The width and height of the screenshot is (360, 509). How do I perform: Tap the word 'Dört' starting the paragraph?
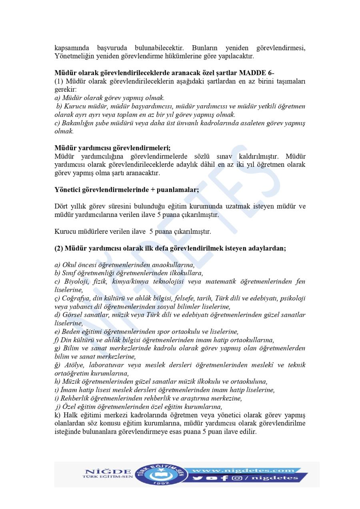tap(62, 206)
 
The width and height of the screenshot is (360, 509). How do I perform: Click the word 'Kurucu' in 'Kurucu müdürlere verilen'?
tap(64, 232)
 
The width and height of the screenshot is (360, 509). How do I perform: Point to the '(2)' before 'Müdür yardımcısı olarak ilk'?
tap(59, 248)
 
